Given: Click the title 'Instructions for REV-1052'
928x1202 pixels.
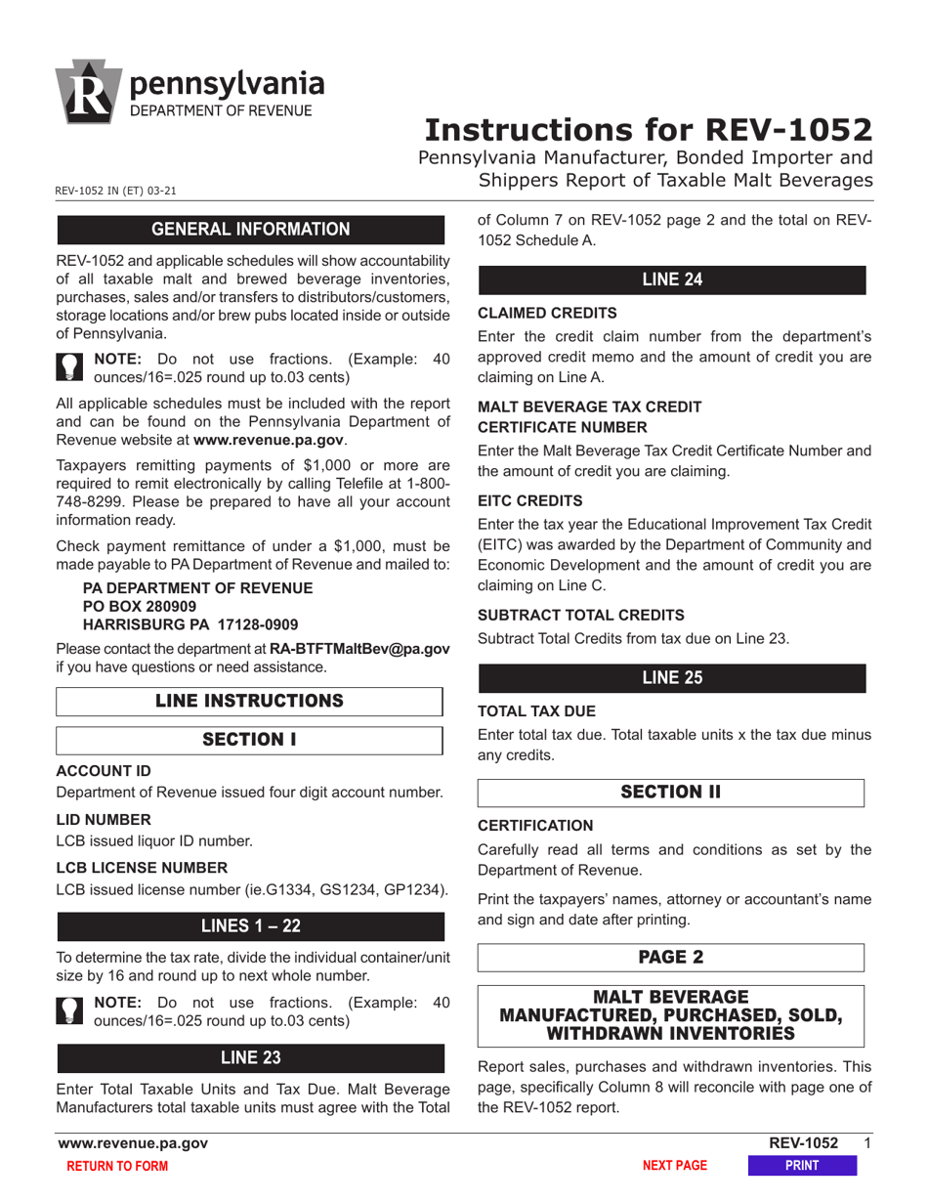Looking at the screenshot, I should coord(649,130).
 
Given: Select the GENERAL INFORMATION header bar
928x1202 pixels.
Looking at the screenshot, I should coord(250,230).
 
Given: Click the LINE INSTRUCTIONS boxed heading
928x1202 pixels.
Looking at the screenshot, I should coord(250,701).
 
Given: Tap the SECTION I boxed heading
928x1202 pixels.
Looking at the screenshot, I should coord(250,740).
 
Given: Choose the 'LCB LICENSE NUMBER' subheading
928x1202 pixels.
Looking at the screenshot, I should coord(142,868).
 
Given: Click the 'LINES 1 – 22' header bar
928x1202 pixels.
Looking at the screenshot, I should coord(250,926).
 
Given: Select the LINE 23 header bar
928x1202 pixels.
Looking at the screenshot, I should coord(250,1057).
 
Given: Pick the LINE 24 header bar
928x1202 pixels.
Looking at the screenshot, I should coord(671,280).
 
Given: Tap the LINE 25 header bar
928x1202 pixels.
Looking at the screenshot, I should coord(671,678).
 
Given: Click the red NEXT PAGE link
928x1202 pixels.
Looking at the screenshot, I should coord(674,1166).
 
